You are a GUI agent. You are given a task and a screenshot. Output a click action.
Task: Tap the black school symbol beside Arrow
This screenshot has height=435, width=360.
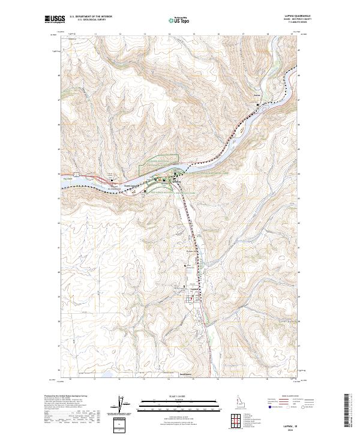click(x=259, y=106)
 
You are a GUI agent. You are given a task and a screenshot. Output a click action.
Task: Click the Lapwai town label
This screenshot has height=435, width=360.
click(x=194, y=288)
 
